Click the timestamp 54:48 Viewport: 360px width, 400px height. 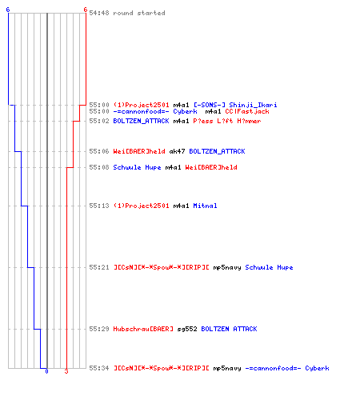tap(99, 13)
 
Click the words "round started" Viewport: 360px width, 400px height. tap(139, 13)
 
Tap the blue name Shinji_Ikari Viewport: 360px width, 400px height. tap(253, 105)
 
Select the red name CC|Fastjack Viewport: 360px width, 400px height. tap(247, 111)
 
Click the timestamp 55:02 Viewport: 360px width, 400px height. tap(99, 121)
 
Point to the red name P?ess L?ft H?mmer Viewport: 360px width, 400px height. tap(227, 121)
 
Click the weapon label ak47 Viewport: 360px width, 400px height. tap(177, 151)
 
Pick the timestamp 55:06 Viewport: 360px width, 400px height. tap(99, 151)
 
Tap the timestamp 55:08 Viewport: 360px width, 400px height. tap(99, 167)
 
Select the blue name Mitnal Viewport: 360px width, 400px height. tap(205, 206)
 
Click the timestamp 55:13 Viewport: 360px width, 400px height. tap(99, 206)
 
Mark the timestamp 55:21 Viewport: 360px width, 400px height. tap(99, 267)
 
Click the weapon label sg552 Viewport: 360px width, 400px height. tap(187, 329)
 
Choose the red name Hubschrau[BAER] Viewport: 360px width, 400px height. tap(143, 329)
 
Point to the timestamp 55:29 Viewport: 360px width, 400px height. tap(99, 329)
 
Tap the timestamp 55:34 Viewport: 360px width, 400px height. tap(99, 368)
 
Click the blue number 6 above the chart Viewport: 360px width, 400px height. tap(8, 10)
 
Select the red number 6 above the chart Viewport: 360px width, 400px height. tap(86, 10)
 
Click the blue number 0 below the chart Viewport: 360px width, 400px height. tap(46, 371)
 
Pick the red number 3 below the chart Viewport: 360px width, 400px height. tap(66, 371)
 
